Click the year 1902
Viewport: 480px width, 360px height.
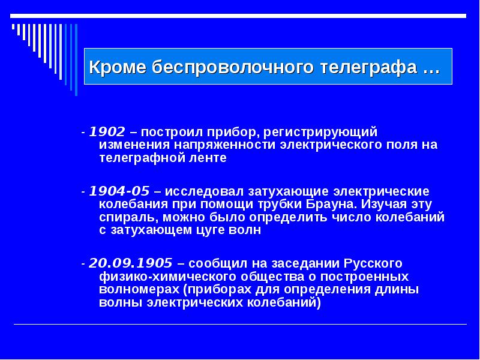107,132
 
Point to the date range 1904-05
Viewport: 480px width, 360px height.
119,191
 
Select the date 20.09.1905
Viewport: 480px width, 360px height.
131,263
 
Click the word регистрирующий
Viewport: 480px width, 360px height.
320,133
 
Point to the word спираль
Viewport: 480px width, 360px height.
128,217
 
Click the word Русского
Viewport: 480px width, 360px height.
373,263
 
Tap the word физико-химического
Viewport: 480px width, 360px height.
168,277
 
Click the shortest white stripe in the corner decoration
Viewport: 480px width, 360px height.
13,26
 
